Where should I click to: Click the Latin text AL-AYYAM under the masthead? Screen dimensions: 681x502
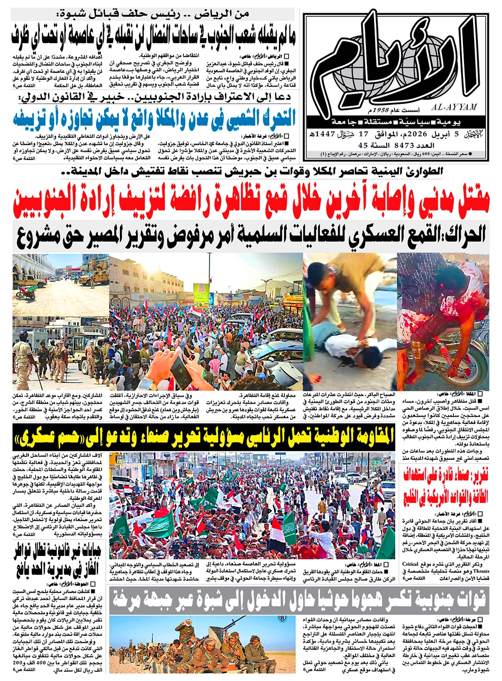455,107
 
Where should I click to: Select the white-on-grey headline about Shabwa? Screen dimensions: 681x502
299,600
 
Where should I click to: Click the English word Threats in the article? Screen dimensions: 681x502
481,571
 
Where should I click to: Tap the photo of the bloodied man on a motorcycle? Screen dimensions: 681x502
443,321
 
